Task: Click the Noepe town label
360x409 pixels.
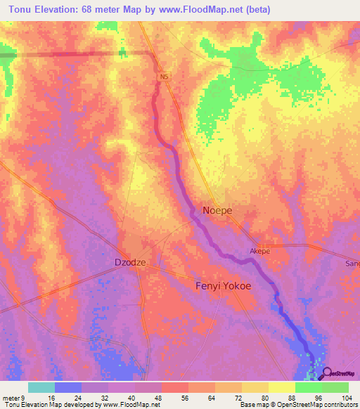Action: tap(217, 210)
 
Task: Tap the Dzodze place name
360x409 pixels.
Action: tap(130, 262)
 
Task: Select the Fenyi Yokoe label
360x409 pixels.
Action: tap(222, 286)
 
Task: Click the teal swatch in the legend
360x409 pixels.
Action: tap(41, 387)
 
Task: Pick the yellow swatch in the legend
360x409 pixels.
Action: tap(281, 387)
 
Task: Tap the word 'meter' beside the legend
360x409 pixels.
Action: tap(12, 397)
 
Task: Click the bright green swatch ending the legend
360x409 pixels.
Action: tap(335, 387)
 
